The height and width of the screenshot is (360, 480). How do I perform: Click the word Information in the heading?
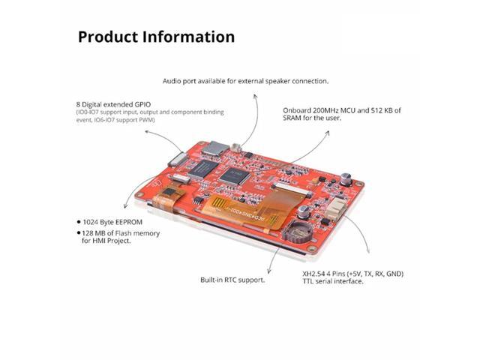pos(189,37)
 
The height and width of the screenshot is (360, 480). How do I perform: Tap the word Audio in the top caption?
pos(174,80)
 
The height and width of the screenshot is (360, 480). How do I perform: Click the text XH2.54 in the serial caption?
pos(295,274)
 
